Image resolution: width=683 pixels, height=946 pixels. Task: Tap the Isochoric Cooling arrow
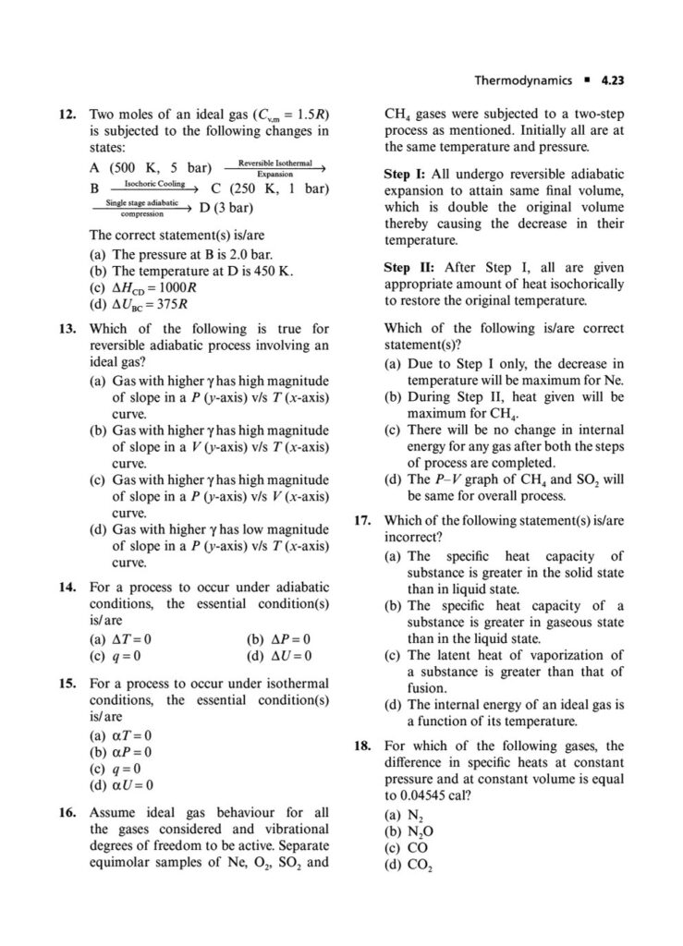[153, 188]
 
